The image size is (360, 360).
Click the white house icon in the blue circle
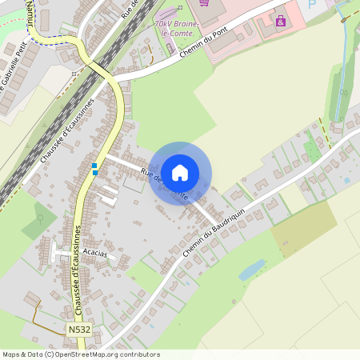tap(180, 172)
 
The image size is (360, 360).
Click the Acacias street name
tap(94, 254)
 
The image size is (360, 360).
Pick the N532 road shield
tap(78, 329)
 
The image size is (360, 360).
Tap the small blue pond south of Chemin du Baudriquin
tap(252, 269)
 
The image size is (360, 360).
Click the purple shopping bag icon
tap(281, 20)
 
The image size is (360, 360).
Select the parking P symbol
tap(311, 5)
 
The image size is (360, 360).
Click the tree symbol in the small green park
tap(40, 217)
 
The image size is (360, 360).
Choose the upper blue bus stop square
tap(94, 165)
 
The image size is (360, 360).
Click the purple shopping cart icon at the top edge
tap(204, 2)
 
